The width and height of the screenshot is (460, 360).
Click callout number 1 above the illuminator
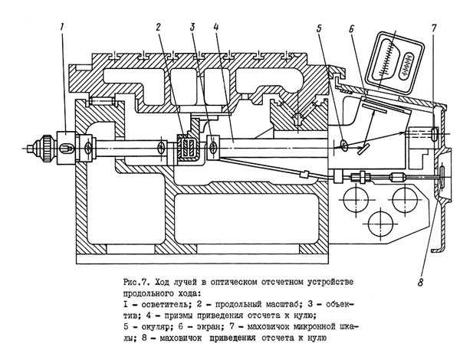[x=62, y=28]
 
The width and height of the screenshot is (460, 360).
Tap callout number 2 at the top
[x=158, y=28]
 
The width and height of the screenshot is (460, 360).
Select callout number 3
[x=192, y=28]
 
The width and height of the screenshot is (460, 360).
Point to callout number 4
[x=215, y=28]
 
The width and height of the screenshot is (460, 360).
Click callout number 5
[x=319, y=28]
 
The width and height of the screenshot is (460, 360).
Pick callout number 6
[x=351, y=28]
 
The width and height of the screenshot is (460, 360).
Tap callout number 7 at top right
[x=434, y=28]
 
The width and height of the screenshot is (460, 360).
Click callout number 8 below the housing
[x=420, y=283]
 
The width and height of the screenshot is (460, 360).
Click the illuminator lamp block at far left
[x=67, y=148]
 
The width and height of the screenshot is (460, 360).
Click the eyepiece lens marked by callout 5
[x=343, y=145]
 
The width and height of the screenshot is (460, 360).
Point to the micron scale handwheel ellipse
[x=435, y=134]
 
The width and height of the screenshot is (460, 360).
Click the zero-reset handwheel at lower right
[x=442, y=177]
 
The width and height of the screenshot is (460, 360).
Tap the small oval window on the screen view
[x=406, y=65]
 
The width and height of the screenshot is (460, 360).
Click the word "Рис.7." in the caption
[x=134, y=283]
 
